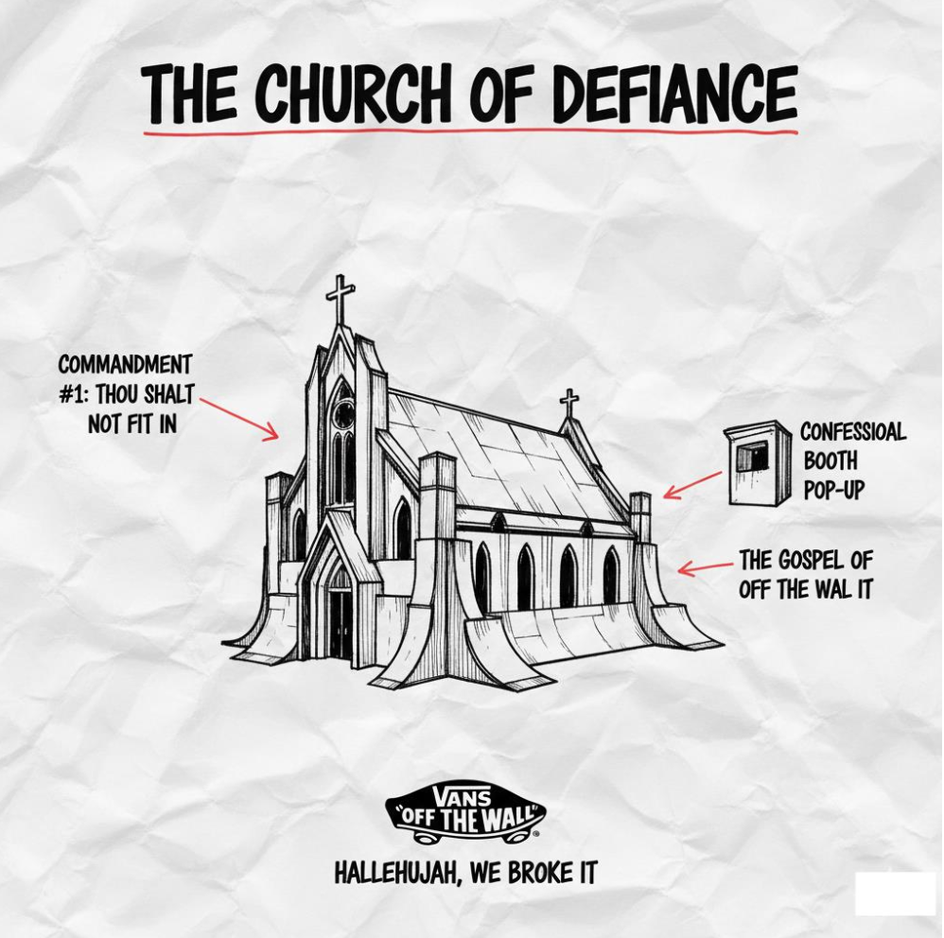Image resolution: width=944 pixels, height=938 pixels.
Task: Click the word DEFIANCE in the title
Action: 673,96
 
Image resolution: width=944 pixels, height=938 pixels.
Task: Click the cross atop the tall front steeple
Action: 340,299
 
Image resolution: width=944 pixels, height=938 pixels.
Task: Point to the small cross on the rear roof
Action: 568,402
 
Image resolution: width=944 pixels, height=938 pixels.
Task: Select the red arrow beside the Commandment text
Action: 240,418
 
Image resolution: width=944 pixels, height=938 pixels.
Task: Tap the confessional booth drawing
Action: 757,462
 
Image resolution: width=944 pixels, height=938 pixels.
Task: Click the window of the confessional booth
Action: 752,456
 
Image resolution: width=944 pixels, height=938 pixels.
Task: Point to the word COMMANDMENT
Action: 125,365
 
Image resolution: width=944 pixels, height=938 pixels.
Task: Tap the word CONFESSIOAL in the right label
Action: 852,433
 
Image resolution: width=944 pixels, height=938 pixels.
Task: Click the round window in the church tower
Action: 343,413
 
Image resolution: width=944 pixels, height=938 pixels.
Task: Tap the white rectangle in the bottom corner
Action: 894,894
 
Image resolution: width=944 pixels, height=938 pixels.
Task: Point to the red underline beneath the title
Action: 470,131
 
